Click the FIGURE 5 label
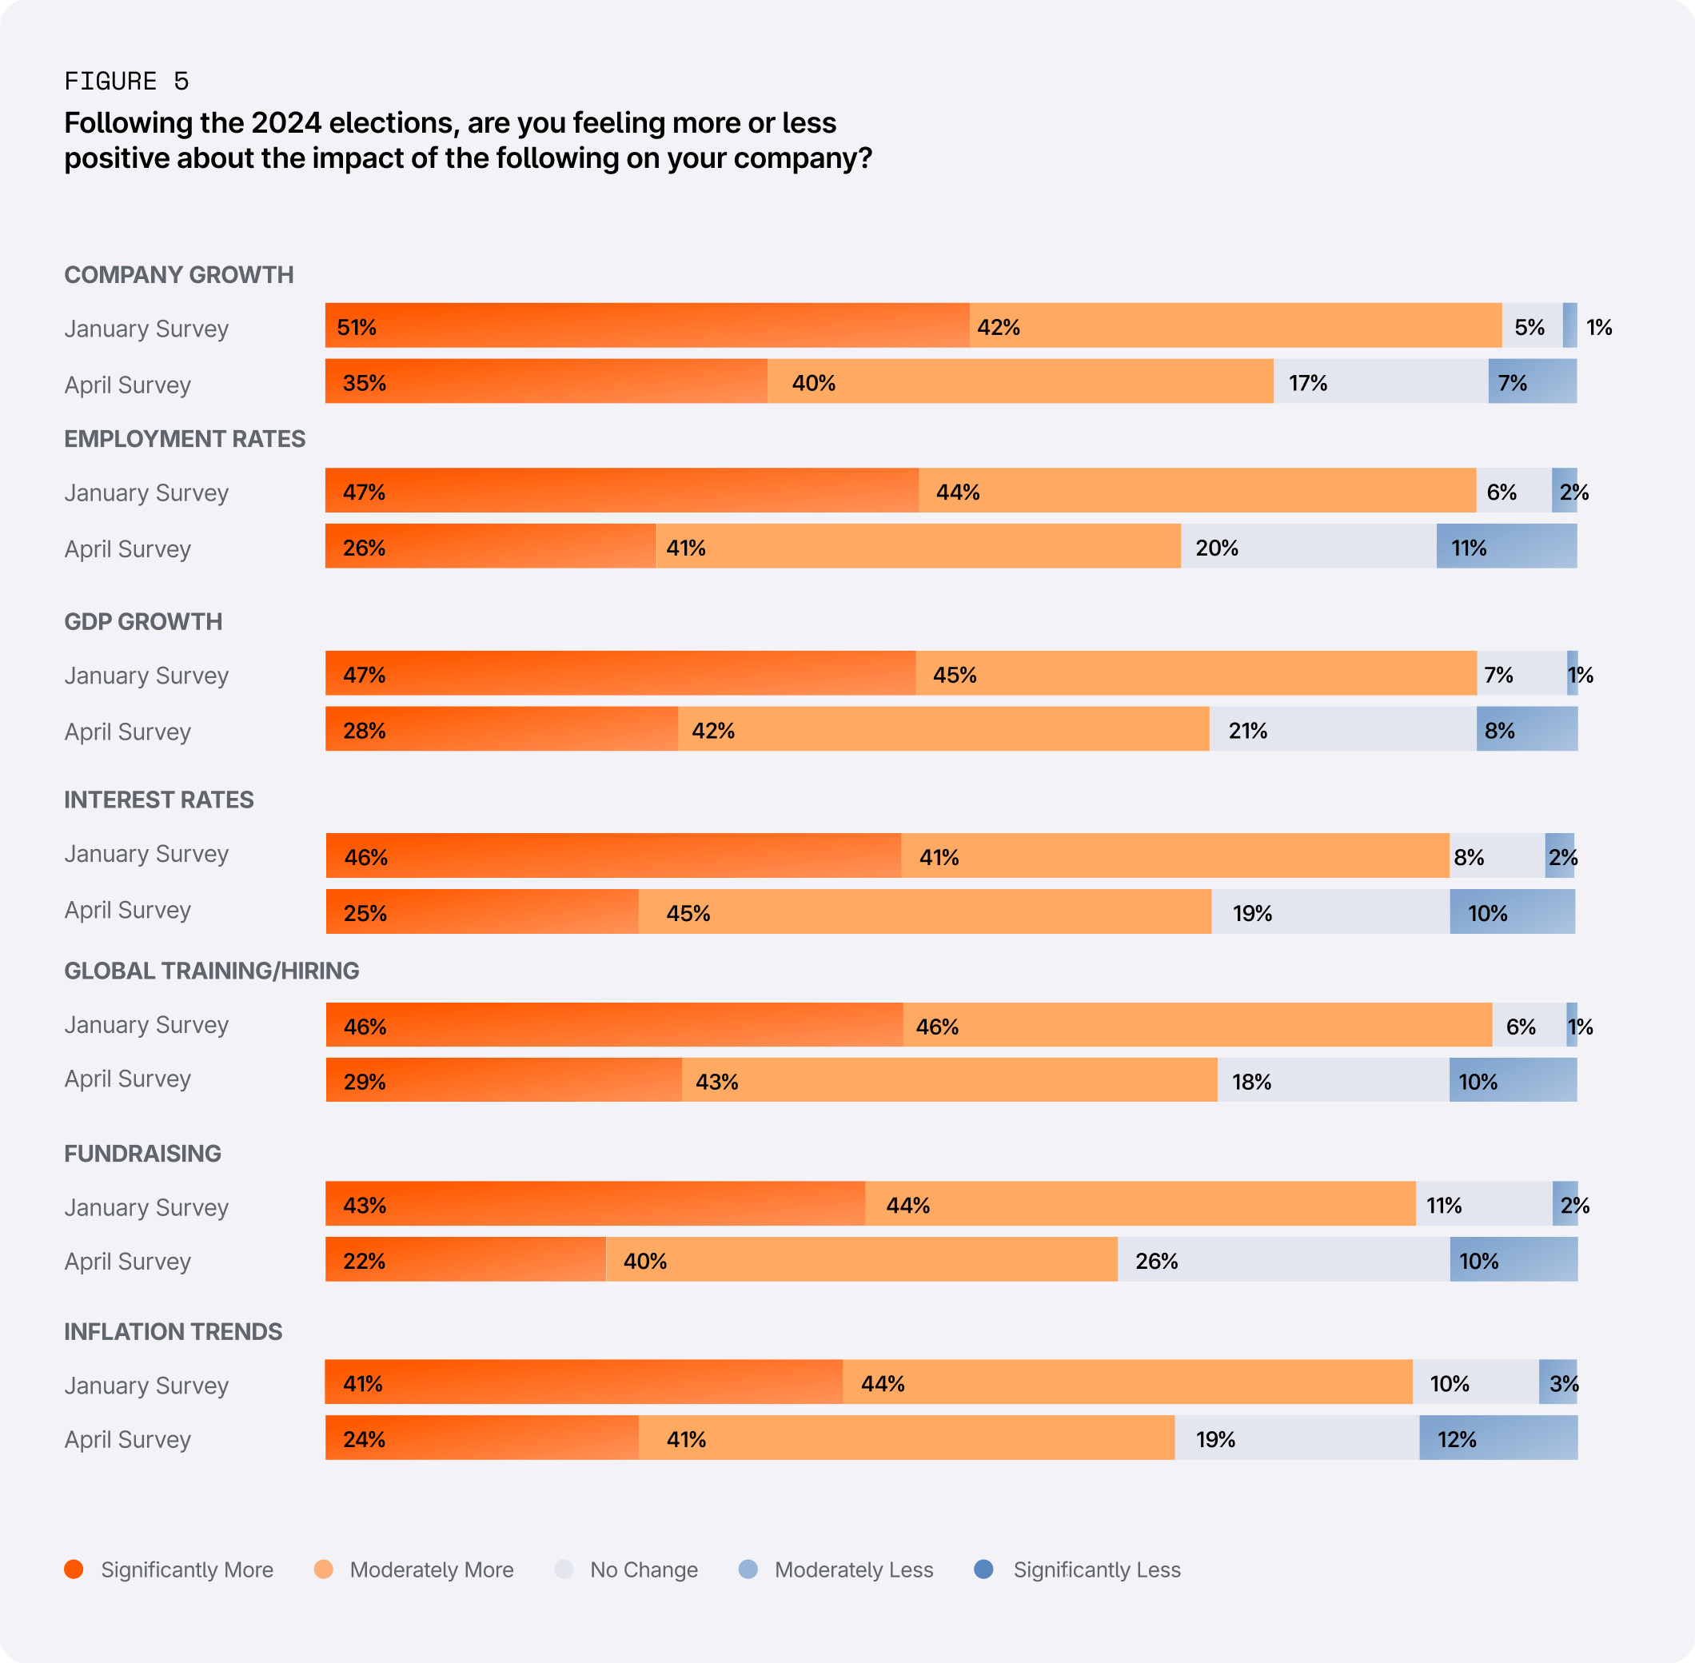[126, 82]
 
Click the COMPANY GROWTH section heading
[178, 274]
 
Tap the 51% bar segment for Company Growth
[646, 325]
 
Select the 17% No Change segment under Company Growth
[1380, 381]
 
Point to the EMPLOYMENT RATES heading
[184, 438]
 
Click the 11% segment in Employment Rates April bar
[1506, 547]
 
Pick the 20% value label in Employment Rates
[1216, 548]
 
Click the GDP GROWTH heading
[143, 621]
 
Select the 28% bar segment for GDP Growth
[501, 729]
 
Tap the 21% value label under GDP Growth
[1247, 730]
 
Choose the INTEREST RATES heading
[159, 800]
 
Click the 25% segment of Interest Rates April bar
[482, 912]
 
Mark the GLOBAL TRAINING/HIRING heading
[211, 971]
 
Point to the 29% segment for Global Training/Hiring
[503, 1080]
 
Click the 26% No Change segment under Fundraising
[1282, 1259]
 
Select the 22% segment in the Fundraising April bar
[465, 1259]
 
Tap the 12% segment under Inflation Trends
[1498, 1438]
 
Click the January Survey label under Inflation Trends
[146, 1386]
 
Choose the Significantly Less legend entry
[1078, 1569]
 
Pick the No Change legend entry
[627, 1569]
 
